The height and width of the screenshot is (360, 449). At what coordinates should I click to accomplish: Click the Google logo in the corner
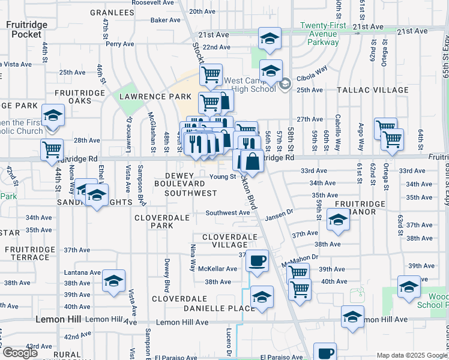[20, 352]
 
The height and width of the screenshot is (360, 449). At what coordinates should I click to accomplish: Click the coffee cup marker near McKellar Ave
[258, 262]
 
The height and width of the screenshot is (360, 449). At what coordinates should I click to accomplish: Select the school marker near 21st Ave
[270, 39]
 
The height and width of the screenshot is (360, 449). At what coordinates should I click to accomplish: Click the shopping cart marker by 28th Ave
[52, 149]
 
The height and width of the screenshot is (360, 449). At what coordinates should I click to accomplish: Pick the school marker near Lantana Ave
[113, 281]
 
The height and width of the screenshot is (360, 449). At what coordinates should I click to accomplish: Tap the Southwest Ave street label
[228, 212]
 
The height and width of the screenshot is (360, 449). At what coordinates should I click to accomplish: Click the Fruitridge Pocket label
[24, 29]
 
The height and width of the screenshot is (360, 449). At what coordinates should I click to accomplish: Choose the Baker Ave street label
[166, 20]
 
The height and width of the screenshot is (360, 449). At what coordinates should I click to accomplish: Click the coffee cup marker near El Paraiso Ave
[325, 353]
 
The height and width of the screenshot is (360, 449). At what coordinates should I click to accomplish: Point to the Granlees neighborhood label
[112, 12]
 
